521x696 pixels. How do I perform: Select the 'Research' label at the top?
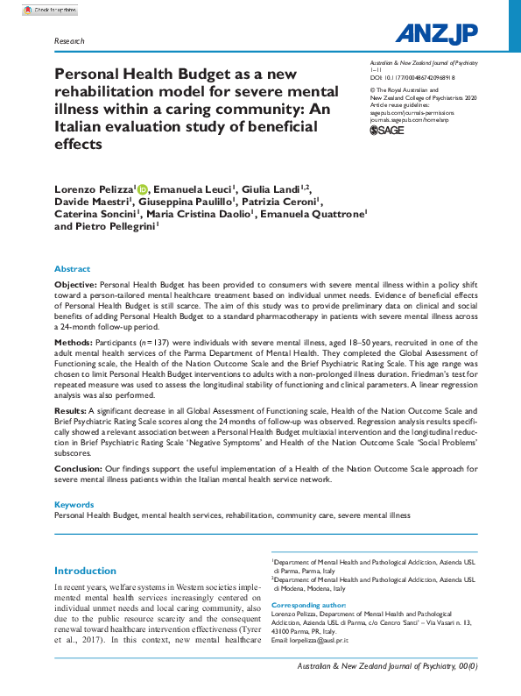(69, 41)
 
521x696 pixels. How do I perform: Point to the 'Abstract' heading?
(72, 269)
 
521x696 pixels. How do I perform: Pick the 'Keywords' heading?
(74, 505)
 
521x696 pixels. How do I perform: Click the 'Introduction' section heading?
(85, 571)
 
